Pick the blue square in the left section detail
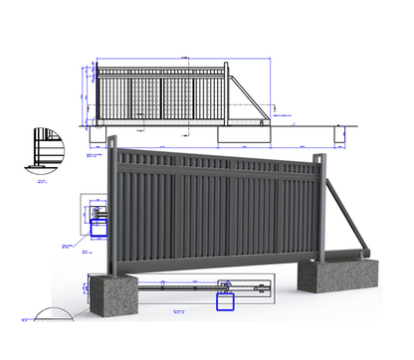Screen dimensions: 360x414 coord(100,226)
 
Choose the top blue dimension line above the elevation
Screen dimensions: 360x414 coord(159,58)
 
